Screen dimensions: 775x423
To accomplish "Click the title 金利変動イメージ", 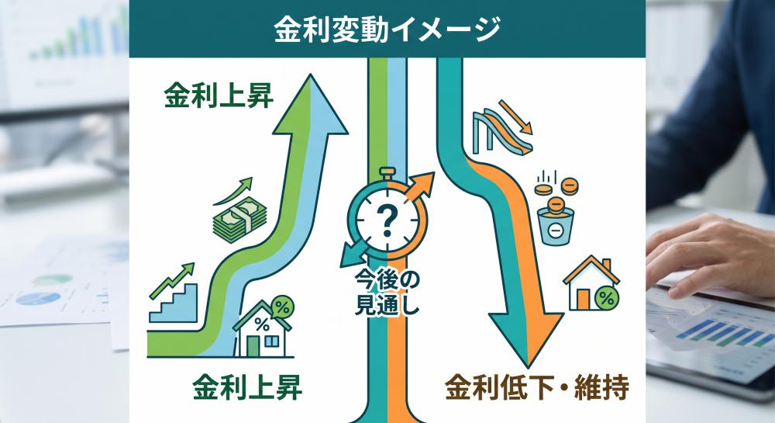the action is [x=387, y=29].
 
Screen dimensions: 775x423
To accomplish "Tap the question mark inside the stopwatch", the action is [x=386, y=220].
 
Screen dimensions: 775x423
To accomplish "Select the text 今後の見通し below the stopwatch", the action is [x=387, y=293].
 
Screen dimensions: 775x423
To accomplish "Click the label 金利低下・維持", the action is [x=537, y=387].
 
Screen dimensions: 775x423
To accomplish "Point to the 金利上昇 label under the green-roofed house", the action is [x=247, y=387].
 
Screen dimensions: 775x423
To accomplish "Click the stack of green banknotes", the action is [x=239, y=217].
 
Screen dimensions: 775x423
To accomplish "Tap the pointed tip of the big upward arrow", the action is [x=311, y=75].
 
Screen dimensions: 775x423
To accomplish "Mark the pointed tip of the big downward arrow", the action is [x=527, y=366].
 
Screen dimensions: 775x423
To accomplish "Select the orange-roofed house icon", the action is [x=591, y=283].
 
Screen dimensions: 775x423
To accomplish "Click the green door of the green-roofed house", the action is [x=253, y=346].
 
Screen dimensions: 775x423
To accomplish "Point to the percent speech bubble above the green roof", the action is [x=282, y=307].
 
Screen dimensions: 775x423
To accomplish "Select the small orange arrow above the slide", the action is [x=515, y=117].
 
